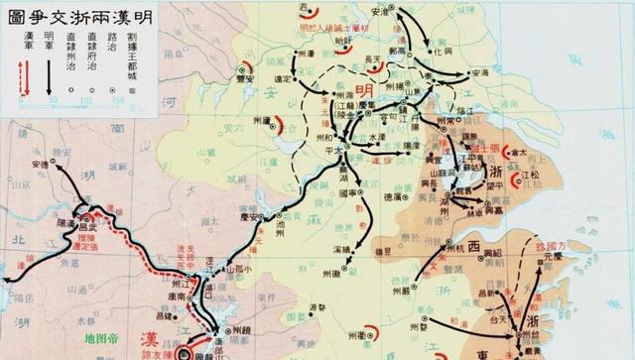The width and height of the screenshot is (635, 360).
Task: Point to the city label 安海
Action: (x=478, y=72)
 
